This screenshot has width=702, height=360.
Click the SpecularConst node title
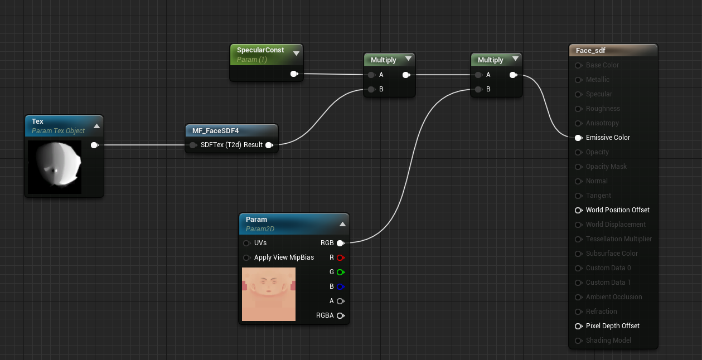(260, 50)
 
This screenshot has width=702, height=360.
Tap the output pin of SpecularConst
(294, 74)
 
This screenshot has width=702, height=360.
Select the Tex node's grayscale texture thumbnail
(55, 167)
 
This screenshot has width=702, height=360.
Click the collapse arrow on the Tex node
(96, 126)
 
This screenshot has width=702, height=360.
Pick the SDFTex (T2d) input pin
(193, 145)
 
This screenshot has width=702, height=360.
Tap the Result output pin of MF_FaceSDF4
(269, 145)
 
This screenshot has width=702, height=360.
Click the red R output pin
(340, 257)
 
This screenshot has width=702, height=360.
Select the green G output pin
(340, 272)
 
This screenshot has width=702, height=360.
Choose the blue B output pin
(340, 286)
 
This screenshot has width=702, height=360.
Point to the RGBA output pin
(340, 315)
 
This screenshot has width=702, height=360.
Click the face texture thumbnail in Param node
(269, 294)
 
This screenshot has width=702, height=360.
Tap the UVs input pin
(246, 243)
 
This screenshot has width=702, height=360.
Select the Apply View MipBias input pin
(246, 257)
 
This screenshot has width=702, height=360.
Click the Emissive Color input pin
(578, 138)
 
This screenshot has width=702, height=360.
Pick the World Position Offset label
(617, 210)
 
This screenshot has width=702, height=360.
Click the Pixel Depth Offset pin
(578, 326)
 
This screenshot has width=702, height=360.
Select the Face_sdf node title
(590, 51)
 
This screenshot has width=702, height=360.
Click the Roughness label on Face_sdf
(603, 109)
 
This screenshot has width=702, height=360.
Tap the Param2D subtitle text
(260, 229)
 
